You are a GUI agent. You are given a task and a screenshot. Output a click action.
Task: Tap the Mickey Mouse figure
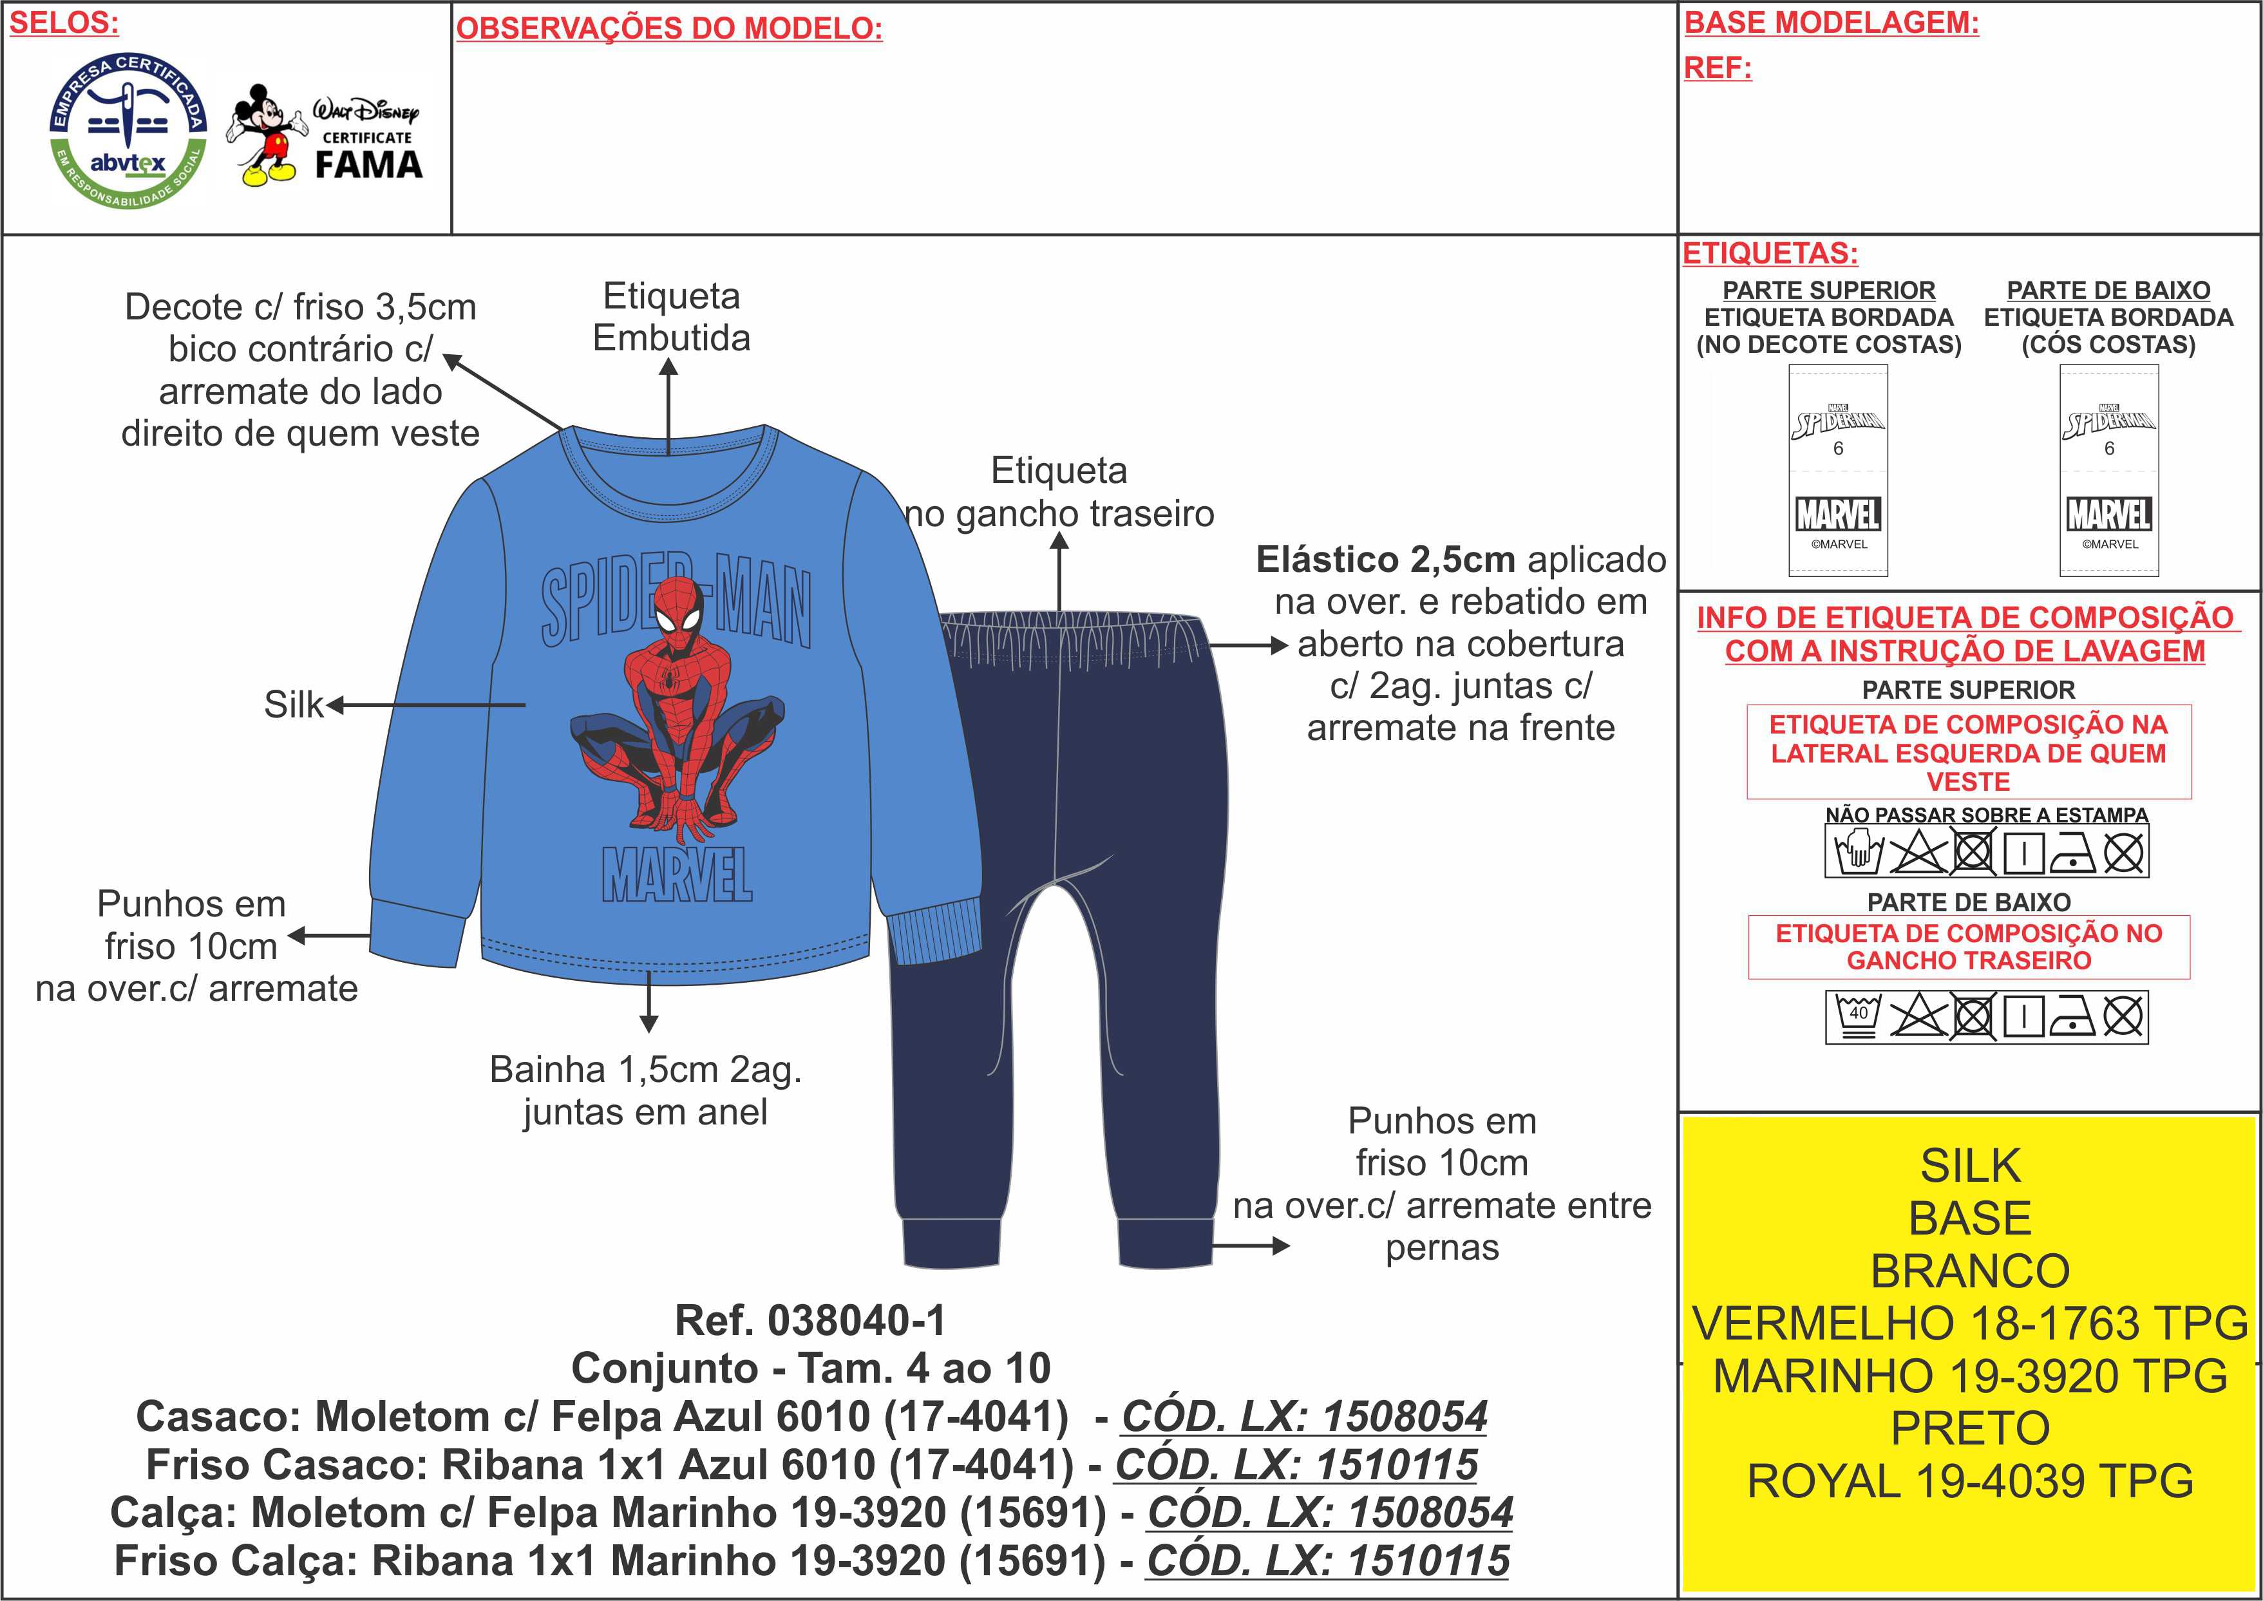(264, 134)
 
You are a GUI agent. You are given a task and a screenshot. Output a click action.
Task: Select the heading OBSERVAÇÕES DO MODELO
(669, 28)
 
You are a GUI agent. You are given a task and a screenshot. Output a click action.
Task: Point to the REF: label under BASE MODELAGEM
(1717, 68)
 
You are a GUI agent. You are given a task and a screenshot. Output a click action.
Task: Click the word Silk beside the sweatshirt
(293, 704)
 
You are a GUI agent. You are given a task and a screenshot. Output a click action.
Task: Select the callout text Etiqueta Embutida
(671, 316)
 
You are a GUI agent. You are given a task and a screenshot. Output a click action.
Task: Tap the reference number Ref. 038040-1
(810, 1320)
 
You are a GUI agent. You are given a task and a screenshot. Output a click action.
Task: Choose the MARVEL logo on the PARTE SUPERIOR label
(1838, 515)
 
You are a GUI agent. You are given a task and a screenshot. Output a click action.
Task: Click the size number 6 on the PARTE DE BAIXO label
(2109, 449)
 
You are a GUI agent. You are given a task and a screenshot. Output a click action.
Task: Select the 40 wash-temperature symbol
(1858, 1016)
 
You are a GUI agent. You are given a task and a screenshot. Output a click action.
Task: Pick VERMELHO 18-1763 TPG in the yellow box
(1970, 1323)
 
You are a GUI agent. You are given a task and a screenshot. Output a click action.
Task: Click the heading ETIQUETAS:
(1770, 253)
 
